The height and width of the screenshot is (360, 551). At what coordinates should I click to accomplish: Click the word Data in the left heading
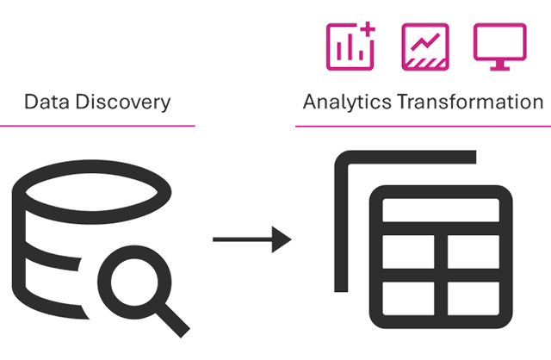46,102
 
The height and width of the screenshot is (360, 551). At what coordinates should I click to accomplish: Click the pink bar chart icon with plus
350,47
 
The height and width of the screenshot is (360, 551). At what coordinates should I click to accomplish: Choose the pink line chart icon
425,47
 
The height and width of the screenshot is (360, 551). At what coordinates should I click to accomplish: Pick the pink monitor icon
499,44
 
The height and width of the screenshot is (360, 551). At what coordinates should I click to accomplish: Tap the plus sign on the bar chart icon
368,32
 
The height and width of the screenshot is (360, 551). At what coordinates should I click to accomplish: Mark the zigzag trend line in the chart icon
425,42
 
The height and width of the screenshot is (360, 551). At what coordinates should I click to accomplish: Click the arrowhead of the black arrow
282,239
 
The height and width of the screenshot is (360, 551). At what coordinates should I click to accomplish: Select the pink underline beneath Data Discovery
97,126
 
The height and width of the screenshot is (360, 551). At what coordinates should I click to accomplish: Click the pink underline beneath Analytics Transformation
423,126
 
